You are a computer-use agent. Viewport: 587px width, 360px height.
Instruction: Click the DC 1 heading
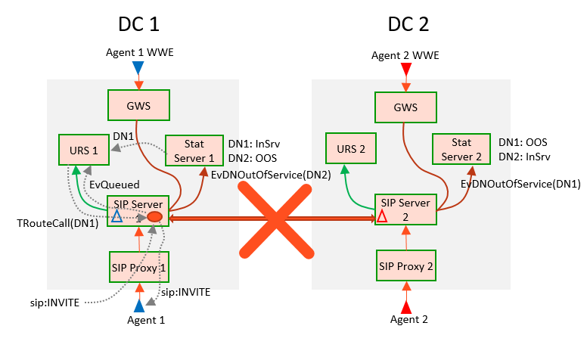[138, 23]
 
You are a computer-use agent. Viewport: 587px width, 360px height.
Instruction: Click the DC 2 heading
[408, 23]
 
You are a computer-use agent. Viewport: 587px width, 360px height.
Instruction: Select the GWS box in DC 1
[138, 107]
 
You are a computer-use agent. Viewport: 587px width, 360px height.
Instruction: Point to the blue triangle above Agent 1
[138, 306]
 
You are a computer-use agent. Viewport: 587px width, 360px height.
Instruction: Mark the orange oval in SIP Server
[154, 217]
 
